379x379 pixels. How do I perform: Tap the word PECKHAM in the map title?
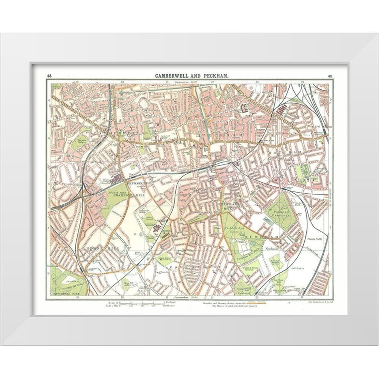(x=215, y=76)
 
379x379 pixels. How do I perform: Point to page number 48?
(x=49, y=76)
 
